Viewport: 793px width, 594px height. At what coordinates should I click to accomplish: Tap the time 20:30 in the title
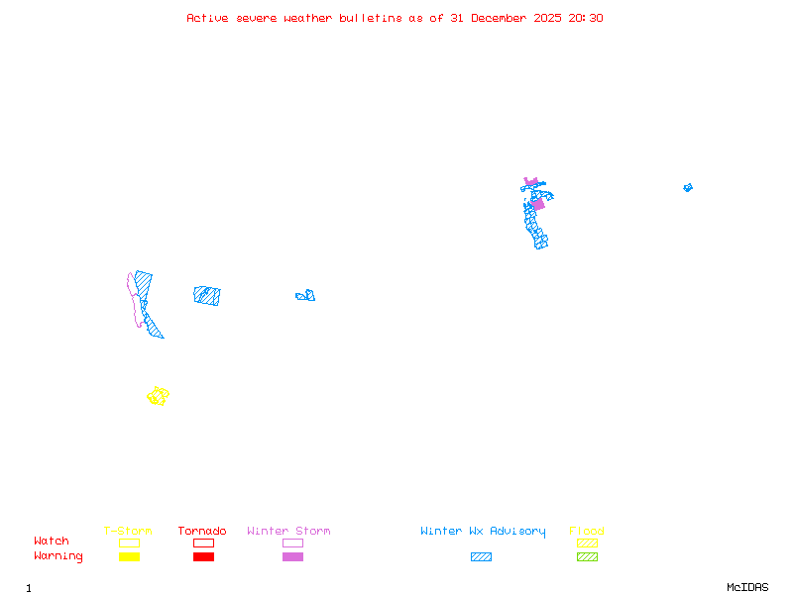pos(585,18)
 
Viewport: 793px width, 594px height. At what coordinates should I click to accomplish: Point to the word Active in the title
pos(208,18)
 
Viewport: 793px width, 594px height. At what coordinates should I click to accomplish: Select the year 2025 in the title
pos(549,18)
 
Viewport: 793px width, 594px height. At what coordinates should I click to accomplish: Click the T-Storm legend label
pos(128,532)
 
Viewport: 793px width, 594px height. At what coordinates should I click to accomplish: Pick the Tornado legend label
pos(202,532)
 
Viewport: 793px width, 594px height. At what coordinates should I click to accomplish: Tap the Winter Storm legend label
pos(288,532)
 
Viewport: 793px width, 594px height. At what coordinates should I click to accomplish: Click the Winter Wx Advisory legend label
pos(483,532)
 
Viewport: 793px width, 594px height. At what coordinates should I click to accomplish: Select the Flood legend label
pos(587,532)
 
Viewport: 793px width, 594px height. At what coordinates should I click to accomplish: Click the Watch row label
pos(52,542)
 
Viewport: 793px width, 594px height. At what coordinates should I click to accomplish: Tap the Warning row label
pos(58,556)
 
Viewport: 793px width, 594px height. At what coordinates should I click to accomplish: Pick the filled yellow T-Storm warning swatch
pos(129,557)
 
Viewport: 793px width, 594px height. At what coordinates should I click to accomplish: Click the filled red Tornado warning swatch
pos(203,557)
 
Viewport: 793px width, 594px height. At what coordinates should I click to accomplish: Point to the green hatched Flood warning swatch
pos(587,557)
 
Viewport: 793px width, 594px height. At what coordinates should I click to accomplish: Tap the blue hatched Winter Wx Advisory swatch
pos(481,557)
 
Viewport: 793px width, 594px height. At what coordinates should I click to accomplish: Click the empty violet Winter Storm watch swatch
pos(292,543)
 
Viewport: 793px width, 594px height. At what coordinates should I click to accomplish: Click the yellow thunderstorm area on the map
pos(158,396)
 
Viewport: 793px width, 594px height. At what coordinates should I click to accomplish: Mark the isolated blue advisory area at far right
pos(688,187)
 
